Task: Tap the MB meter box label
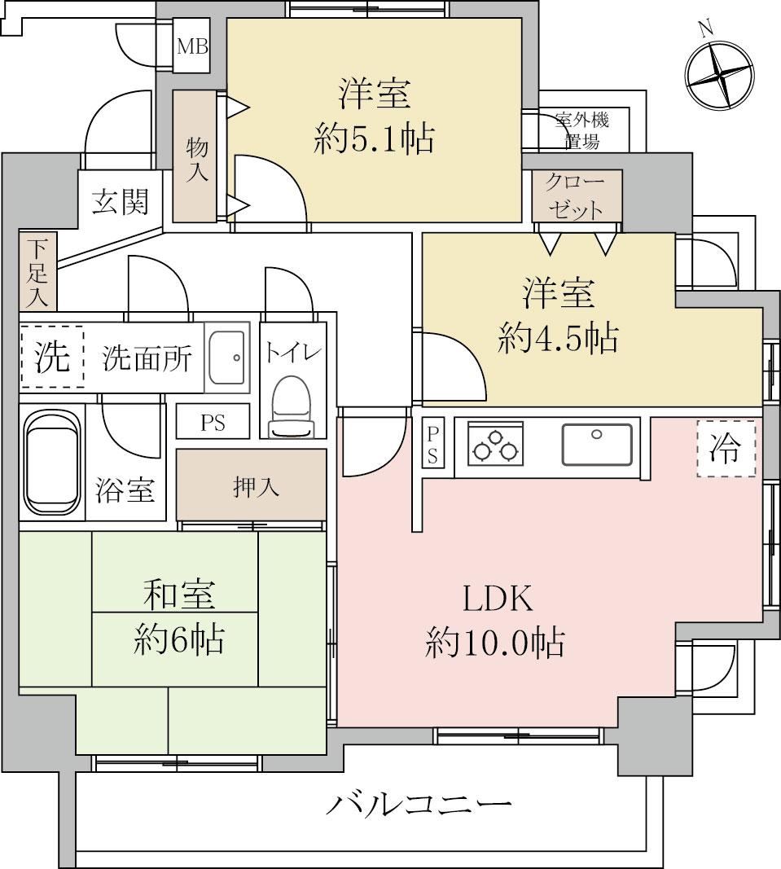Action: click(x=192, y=46)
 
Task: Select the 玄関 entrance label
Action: click(x=121, y=202)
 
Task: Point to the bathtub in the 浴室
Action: click(x=52, y=464)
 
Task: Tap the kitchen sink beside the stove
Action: click(x=597, y=444)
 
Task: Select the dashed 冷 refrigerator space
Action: click(x=726, y=449)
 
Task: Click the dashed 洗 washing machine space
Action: click(x=52, y=357)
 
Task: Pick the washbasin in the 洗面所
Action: click(x=226, y=357)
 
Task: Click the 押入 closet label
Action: click(x=256, y=487)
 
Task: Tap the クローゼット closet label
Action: click(x=574, y=195)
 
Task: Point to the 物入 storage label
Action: click(x=197, y=159)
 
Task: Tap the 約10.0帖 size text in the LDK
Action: click(x=495, y=643)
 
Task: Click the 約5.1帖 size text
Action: click(x=374, y=138)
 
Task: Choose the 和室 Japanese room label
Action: click(x=178, y=594)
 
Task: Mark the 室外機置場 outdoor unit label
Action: click(x=582, y=131)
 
